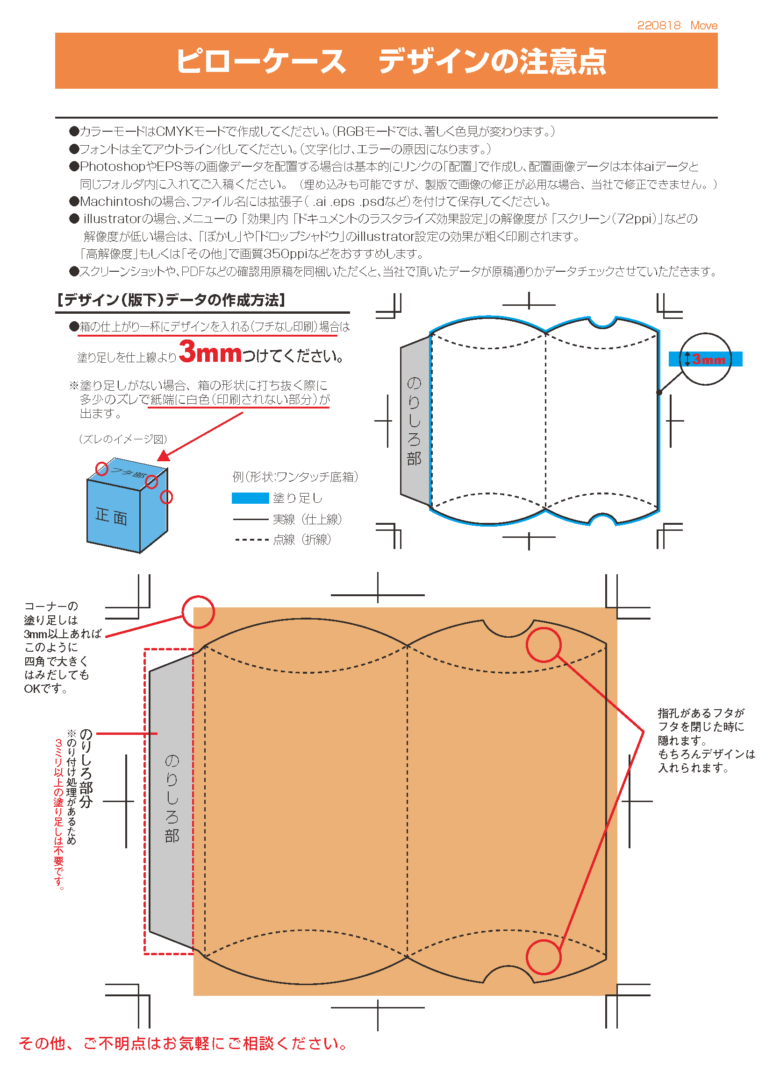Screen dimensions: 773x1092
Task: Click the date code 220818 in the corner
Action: (659, 25)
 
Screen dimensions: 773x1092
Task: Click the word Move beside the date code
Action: (704, 25)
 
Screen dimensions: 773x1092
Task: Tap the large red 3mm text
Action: (210, 352)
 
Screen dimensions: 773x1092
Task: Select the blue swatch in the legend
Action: (251, 498)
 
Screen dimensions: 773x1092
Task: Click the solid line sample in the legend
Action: (251, 519)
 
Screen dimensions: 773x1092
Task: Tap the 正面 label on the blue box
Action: (111, 516)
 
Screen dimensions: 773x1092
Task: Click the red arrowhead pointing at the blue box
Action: (164, 455)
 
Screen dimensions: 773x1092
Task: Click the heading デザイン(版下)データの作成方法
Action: (171, 300)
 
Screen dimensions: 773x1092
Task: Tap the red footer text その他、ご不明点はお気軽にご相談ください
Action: (183, 1043)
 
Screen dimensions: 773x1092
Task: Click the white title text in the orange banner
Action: (391, 61)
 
